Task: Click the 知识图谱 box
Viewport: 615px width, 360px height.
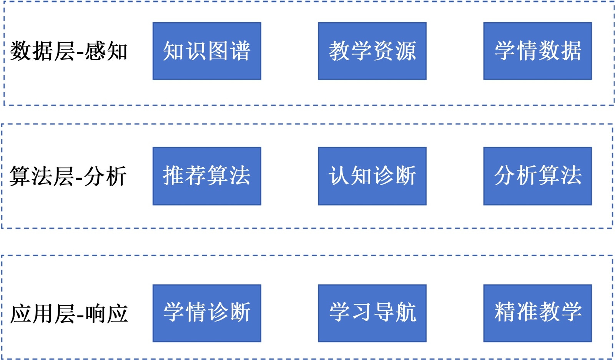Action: click(x=207, y=51)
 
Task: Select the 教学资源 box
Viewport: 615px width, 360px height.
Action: click(x=372, y=51)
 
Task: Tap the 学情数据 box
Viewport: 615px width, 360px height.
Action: click(x=537, y=51)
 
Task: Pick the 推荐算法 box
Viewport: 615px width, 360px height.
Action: click(x=207, y=176)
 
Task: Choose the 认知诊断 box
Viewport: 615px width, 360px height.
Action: click(x=372, y=176)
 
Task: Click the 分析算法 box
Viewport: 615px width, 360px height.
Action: click(x=537, y=176)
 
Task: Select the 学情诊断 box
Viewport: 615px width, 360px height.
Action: click(x=207, y=313)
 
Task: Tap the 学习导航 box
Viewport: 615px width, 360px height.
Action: click(x=372, y=313)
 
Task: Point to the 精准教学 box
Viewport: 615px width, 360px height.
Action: click(x=537, y=313)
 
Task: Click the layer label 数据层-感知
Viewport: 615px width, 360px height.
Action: click(x=68, y=51)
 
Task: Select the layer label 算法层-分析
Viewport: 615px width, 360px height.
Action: click(x=68, y=176)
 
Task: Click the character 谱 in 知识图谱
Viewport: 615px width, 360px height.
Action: click(x=240, y=51)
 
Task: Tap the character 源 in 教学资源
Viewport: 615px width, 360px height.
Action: click(x=406, y=51)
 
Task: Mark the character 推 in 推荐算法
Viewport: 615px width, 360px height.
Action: click(x=173, y=176)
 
